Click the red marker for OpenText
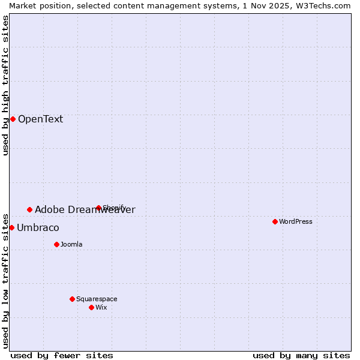[x=13, y=119]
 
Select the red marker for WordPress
[x=275, y=221]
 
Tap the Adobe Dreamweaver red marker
[x=29, y=209]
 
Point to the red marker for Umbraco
[x=11, y=227]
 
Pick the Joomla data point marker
[x=56, y=244]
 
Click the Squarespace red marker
[x=72, y=299]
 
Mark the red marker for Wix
[x=91, y=307]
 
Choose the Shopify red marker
[x=98, y=208]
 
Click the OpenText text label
[x=40, y=119]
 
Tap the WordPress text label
[x=296, y=221]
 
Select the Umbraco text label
[x=38, y=228]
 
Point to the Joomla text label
[x=71, y=244]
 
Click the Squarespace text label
[x=97, y=299]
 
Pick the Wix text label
[x=101, y=307]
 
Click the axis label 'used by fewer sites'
[x=62, y=355]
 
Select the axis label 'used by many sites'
[x=301, y=355]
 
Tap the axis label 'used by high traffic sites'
[x=5, y=85]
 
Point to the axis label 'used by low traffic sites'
[x=5, y=280]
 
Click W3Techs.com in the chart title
[x=320, y=5]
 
